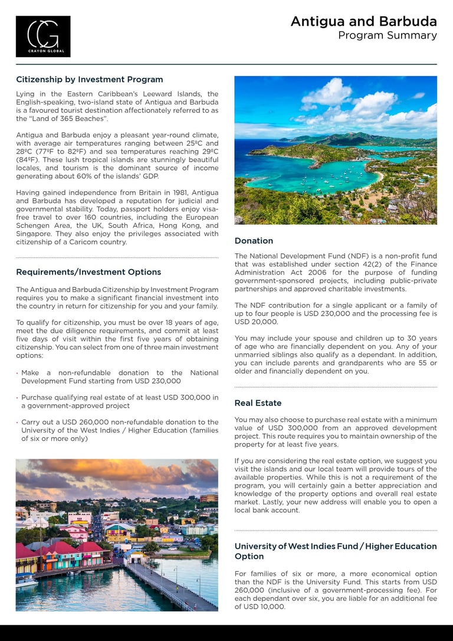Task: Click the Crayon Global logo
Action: (43, 37)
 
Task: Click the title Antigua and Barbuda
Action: (363, 22)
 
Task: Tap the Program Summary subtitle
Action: (387, 36)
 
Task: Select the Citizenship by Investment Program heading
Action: (89, 80)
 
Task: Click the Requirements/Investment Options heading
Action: (88, 272)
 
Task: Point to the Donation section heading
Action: (254, 241)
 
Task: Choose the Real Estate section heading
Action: (258, 403)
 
